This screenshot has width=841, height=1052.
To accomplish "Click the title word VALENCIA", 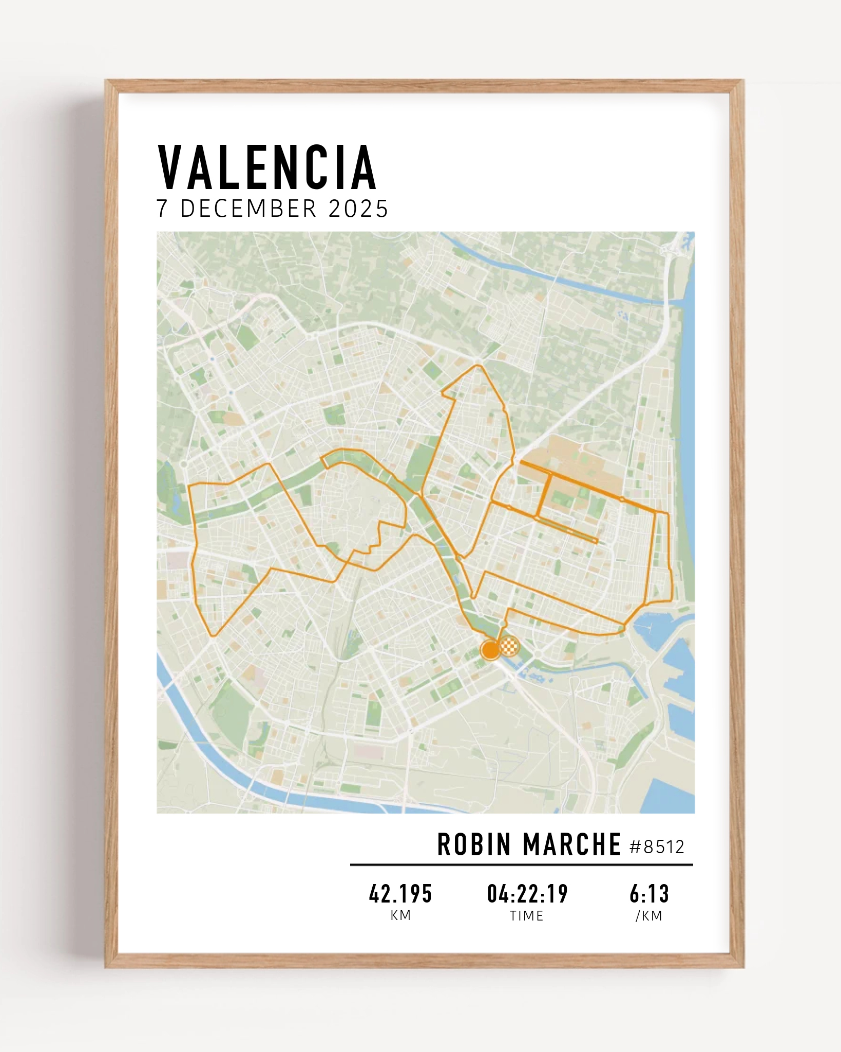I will (267, 168).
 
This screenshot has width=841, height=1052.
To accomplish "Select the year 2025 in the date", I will (358, 209).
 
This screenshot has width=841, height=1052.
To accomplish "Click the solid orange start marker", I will (490, 649).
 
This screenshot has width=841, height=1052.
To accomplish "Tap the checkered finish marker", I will (508, 646).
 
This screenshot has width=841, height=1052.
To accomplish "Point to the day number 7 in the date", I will (162, 209).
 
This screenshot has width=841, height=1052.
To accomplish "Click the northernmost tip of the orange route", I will (479, 366).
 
